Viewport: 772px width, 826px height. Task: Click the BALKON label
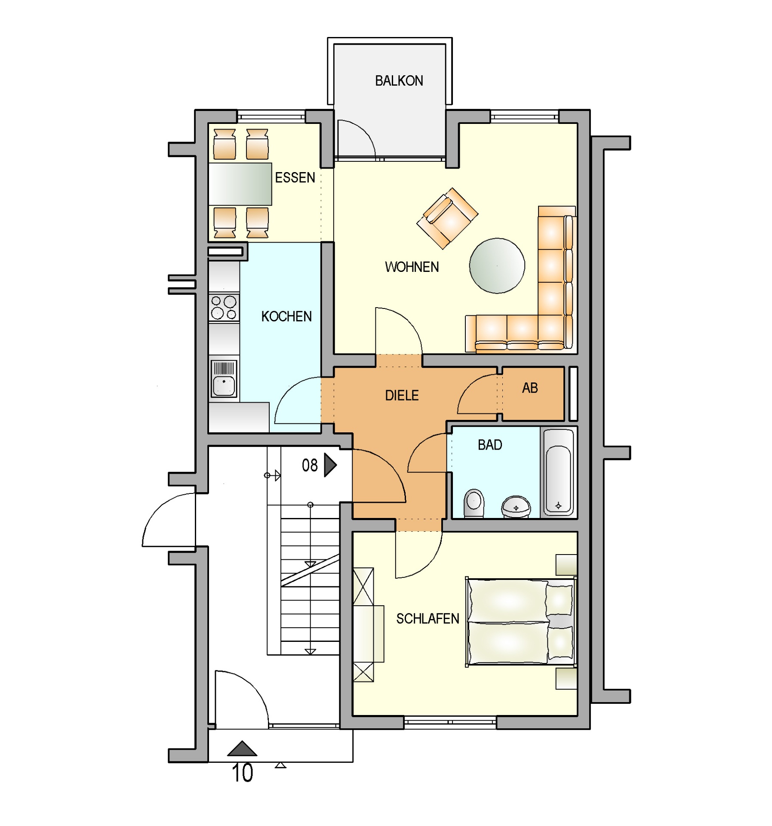[x=398, y=80]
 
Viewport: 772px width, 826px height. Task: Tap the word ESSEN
[x=295, y=177]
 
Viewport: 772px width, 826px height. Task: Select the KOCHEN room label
[x=286, y=316]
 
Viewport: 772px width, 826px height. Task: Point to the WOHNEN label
[x=412, y=267]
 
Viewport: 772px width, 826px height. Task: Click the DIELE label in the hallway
[x=401, y=395]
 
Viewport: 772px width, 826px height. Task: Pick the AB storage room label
[x=529, y=388]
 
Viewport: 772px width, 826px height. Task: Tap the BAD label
[x=489, y=444]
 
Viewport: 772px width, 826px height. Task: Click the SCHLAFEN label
[x=427, y=618]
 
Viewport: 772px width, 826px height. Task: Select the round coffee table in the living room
[x=497, y=265]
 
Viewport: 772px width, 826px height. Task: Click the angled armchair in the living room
[x=447, y=218]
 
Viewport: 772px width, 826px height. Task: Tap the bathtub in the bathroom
[x=558, y=472]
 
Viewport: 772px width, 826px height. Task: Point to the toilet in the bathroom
[x=474, y=502]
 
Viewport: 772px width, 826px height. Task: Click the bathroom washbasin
[x=516, y=506]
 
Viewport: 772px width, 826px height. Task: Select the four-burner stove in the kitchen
[x=224, y=307]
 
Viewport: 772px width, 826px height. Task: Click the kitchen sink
[x=224, y=379]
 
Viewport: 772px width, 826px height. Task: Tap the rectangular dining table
[x=240, y=184]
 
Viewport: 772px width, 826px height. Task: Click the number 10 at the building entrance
[x=242, y=773]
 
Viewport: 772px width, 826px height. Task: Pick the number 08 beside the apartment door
[x=309, y=465]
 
